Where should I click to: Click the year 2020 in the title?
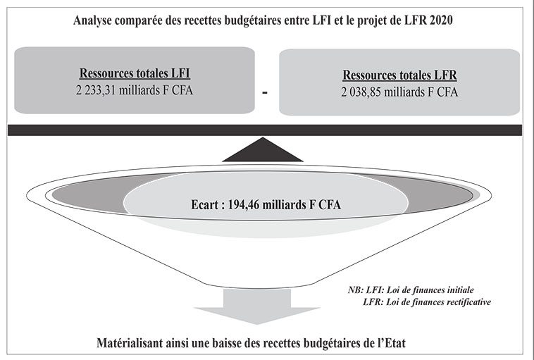[441, 20]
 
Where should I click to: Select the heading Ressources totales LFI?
[135, 73]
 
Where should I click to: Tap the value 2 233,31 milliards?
[123, 90]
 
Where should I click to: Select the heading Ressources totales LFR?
[399, 75]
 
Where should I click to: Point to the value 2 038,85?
[361, 92]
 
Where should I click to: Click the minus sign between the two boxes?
[265, 92]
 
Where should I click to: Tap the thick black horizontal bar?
[265, 130]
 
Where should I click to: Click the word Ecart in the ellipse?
[204, 205]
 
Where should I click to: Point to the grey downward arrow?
[257, 306]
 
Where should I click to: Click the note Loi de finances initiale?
[430, 290]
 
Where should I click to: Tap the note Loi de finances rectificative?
[439, 302]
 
